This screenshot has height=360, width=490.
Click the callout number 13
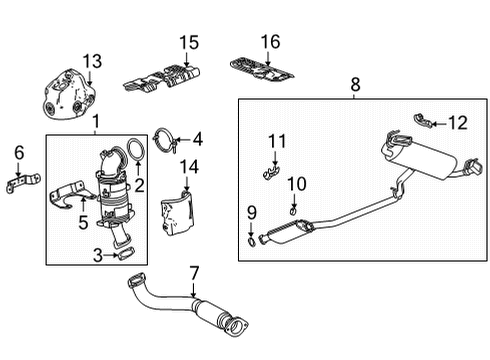(x=92, y=62)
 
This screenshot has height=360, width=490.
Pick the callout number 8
(x=354, y=86)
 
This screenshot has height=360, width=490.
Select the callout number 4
(x=197, y=139)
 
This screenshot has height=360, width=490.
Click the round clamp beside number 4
(x=167, y=141)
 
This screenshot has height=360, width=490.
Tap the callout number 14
(x=191, y=166)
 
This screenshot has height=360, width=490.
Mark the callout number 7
(x=194, y=272)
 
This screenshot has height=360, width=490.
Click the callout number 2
(x=141, y=183)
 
